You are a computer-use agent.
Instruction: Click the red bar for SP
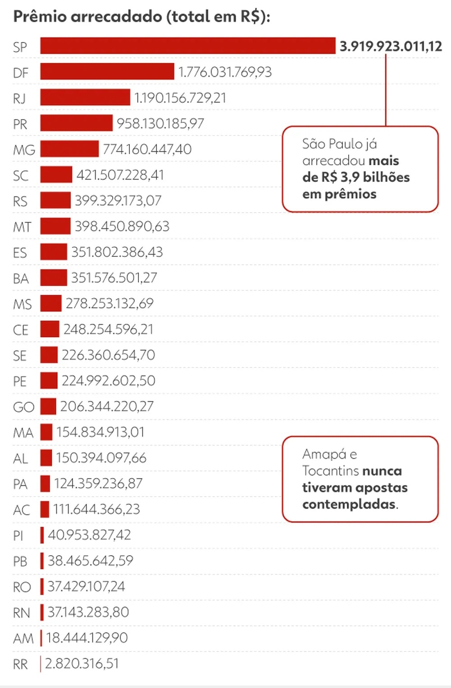point(188,46)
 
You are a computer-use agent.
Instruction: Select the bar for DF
point(107,72)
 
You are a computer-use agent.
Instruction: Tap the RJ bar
point(85,98)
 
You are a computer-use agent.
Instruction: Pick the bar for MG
point(69,149)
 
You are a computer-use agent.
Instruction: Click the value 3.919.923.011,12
point(391,46)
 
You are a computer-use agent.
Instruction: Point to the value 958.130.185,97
point(160,123)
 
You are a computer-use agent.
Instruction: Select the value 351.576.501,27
point(114,278)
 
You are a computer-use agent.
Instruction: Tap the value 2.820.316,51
point(82,664)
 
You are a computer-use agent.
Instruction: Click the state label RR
point(20,665)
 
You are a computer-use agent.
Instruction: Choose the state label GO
point(23,407)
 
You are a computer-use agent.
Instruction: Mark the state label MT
point(22,227)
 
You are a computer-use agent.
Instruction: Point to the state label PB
point(20,562)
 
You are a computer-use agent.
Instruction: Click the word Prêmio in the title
point(40,17)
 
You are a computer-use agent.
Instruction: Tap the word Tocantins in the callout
point(330,471)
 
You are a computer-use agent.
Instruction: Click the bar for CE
point(50,329)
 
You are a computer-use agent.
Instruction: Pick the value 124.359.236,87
point(98,483)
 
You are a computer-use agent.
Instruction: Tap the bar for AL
point(46,458)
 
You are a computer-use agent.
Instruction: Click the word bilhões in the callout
point(386,177)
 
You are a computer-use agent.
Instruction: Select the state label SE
point(20,356)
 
